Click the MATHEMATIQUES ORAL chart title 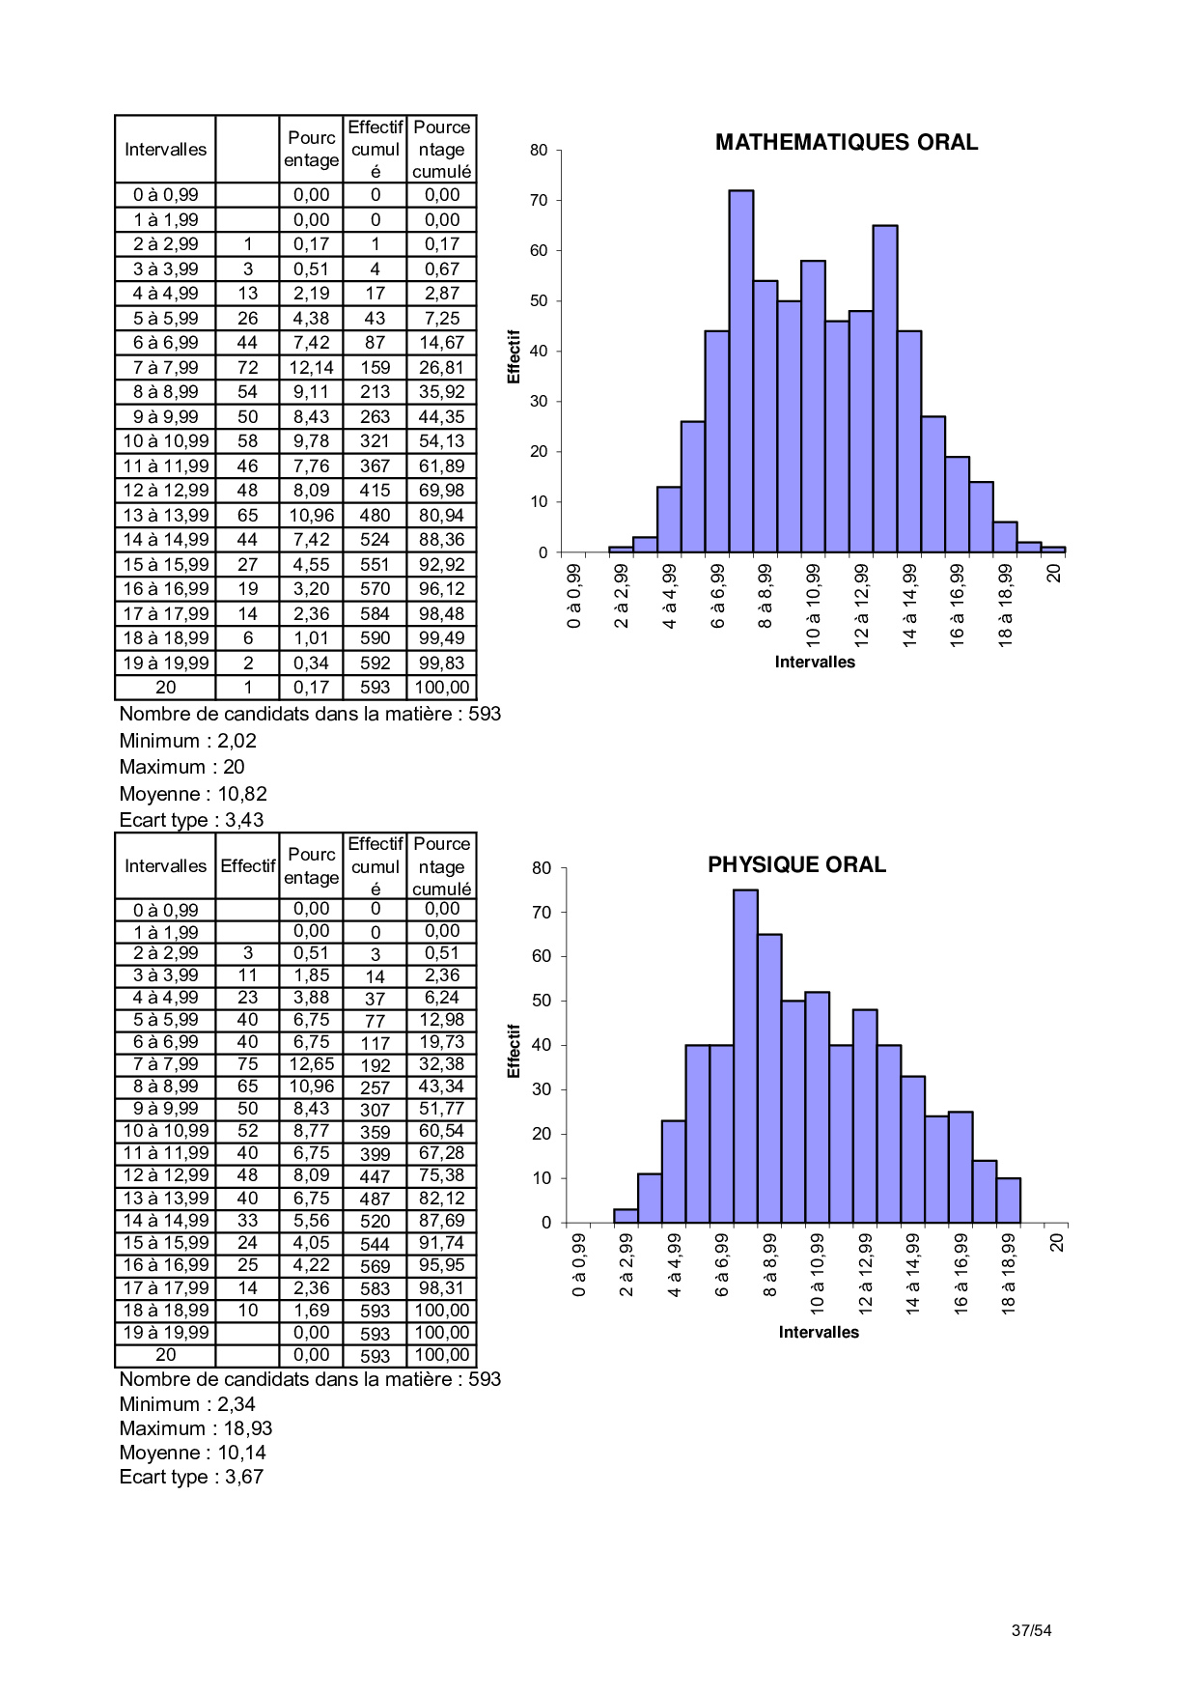(846, 142)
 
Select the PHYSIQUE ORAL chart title (796, 864)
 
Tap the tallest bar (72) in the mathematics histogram (740, 372)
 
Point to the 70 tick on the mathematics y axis (539, 201)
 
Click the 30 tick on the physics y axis (542, 1089)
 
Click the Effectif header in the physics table (248, 865)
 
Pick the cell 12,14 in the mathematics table (311, 368)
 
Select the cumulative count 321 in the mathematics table (375, 441)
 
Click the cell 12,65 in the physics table (311, 1064)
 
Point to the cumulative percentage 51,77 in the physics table (441, 1109)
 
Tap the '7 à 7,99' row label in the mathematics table (166, 368)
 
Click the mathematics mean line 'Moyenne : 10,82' (193, 794)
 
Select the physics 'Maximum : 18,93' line (196, 1428)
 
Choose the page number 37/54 (1031, 1630)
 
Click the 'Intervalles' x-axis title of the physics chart (819, 1332)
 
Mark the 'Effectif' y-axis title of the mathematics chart (514, 356)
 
